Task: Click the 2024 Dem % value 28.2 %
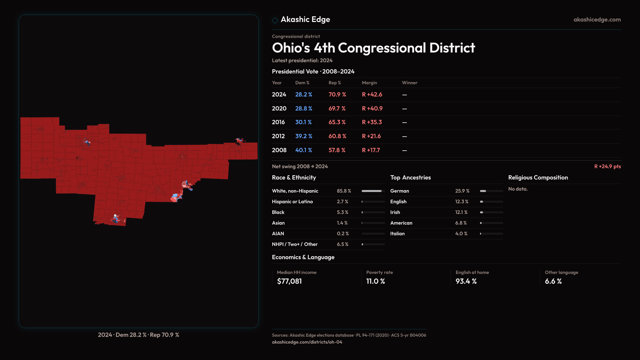303,95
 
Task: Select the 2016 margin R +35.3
372,122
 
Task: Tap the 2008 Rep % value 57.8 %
337,150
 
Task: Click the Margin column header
369,83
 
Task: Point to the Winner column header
409,83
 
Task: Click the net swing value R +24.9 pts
607,166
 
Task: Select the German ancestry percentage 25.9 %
462,191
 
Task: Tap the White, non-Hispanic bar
373,191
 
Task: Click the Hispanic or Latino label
292,202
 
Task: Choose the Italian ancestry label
397,234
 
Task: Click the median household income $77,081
289,281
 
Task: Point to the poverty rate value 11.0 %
375,281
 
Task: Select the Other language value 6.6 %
553,281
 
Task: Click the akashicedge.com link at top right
597,20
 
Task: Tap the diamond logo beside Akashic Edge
275,20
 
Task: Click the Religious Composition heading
538,178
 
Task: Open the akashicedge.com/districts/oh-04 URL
307,342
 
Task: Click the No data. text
518,189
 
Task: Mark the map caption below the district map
138,335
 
